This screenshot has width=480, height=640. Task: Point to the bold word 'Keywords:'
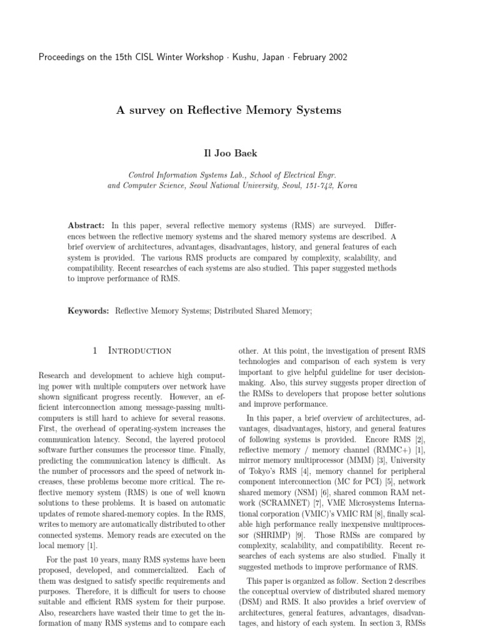coord(89,311)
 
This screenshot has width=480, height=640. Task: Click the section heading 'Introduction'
coord(140,351)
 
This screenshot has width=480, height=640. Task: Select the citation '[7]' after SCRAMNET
coord(317,486)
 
